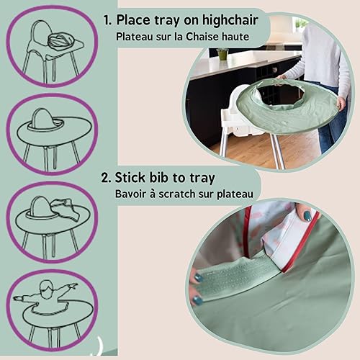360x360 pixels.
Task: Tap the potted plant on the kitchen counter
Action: click(x=222, y=52)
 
